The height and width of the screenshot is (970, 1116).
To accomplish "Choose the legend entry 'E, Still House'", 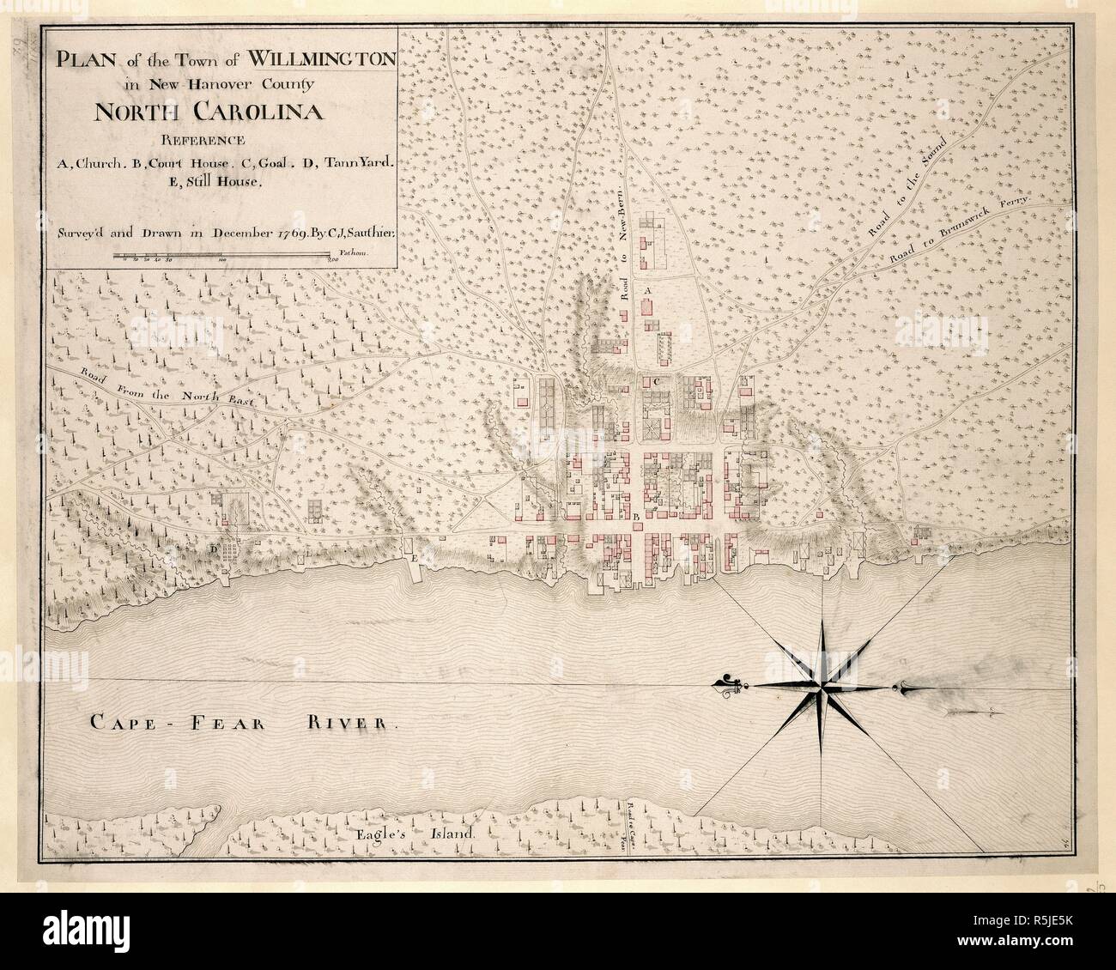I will point(221,182).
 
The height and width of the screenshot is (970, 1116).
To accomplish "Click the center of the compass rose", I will point(822,684).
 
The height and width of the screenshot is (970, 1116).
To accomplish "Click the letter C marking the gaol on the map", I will point(656,380).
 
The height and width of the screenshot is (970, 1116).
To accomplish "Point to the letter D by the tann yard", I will point(212,547).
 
